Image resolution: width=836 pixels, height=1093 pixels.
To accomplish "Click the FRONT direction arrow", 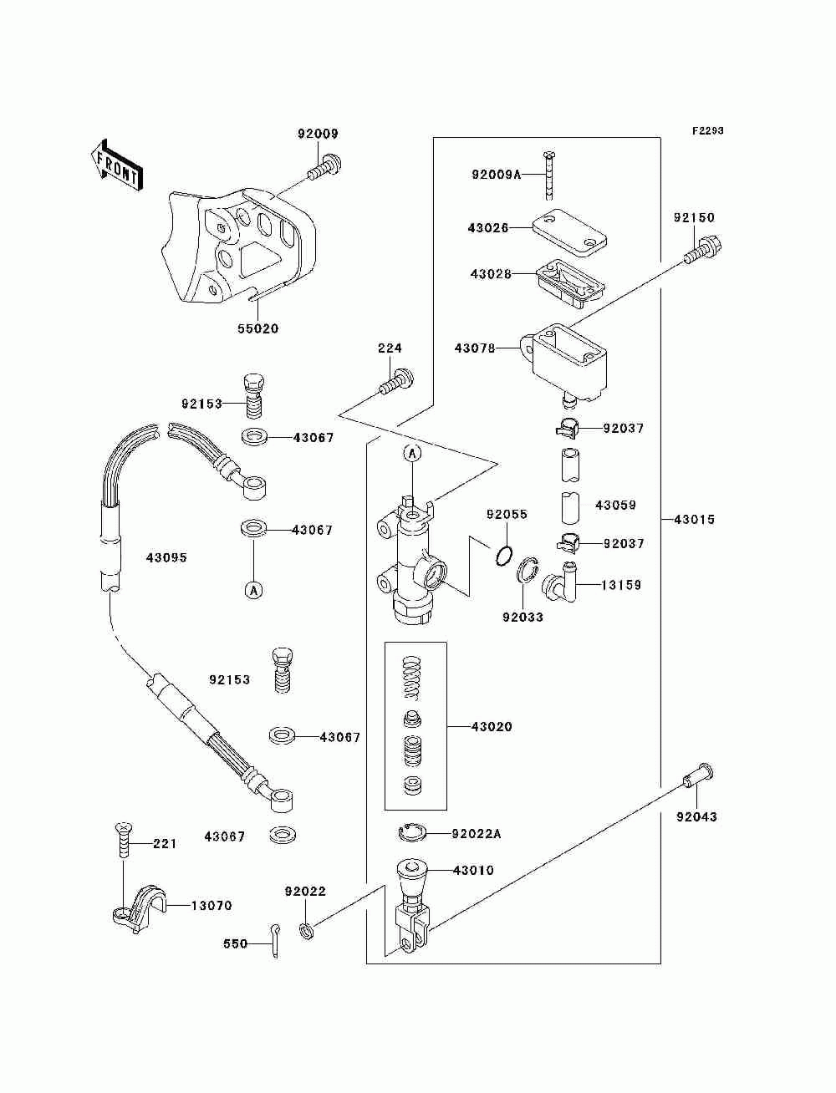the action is coord(117,165).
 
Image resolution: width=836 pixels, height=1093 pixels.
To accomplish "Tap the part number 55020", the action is coord(257,328).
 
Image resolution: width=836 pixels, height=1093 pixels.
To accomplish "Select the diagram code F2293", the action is coord(707,131).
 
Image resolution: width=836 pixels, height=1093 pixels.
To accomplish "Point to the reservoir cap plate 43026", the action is coord(569,232).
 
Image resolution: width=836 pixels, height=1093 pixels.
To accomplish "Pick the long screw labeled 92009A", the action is coord(549,175).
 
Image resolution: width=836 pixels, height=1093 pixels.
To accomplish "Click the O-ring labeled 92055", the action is coord(504,555).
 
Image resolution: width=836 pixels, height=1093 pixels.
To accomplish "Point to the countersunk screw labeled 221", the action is coord(123,840).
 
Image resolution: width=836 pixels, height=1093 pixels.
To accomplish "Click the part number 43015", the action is coord(695,520).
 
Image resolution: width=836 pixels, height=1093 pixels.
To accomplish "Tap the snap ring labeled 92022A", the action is coord(412,832).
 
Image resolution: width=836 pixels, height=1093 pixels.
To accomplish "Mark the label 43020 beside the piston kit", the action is coord(492,726).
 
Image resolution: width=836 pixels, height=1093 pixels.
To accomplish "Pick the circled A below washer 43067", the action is coord(253,590).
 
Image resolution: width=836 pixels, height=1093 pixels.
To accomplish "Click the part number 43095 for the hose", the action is coord(166,557).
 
